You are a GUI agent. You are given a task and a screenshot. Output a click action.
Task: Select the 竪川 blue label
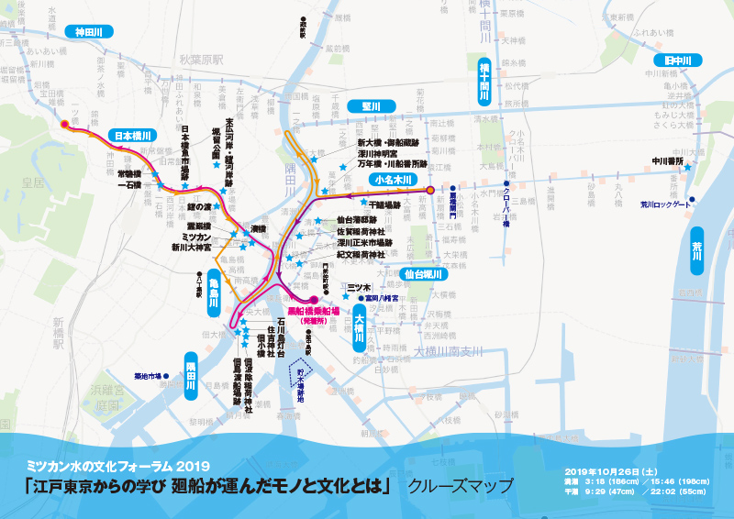coord(371,106)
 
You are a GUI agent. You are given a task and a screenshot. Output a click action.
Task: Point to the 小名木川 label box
coord(396,180)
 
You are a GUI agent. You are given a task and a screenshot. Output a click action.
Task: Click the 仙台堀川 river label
coord(423,273)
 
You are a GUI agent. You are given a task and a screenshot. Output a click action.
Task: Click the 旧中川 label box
coord(684,61)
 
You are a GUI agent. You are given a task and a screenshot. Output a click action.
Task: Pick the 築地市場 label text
coord(147,376)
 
